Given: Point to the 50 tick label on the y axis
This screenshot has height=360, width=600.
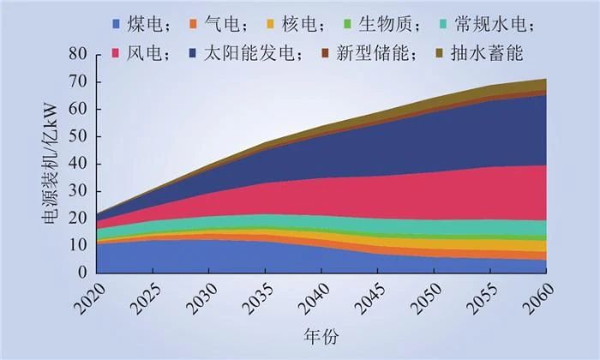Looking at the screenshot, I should click(x=78, y=137).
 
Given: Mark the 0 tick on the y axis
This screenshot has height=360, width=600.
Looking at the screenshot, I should click(x=83, y=273).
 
